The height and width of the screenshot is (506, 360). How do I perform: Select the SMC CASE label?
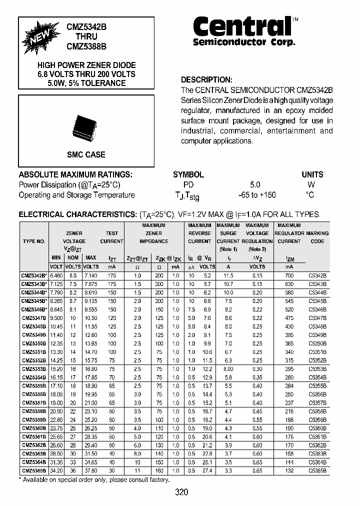click(x=86, y=155)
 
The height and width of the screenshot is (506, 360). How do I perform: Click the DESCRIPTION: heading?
click(x=206, y=79)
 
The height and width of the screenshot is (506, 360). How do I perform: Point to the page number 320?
click(x=182, y=492)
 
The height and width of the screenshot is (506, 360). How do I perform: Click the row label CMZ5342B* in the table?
click(x=34, y=275)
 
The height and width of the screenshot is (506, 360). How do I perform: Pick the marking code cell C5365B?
click(x=317, y=470)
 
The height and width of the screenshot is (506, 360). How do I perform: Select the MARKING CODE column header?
click(x=317, y=237)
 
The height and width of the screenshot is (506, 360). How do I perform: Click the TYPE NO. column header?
click(x=34, y=241)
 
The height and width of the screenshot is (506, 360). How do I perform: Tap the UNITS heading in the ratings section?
click(x=312, y=174)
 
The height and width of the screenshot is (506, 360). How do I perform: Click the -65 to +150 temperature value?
click(x=255, y=195)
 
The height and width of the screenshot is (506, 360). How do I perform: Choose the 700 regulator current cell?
click(x=289, y=275)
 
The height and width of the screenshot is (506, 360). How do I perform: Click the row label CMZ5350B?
click(x=34, y=343)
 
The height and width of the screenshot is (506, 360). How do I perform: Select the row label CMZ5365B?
click(x=34, y=470)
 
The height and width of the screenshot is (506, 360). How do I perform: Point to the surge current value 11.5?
click(x=228, y=275)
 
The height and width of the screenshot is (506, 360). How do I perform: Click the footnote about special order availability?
click(x=94, y=479)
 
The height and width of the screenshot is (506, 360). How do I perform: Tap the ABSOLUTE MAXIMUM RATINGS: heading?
click(x=75, y=174)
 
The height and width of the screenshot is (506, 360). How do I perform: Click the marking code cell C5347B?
click(x=317, y=318)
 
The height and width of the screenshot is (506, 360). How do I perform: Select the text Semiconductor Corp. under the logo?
click(x=244, y=42)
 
